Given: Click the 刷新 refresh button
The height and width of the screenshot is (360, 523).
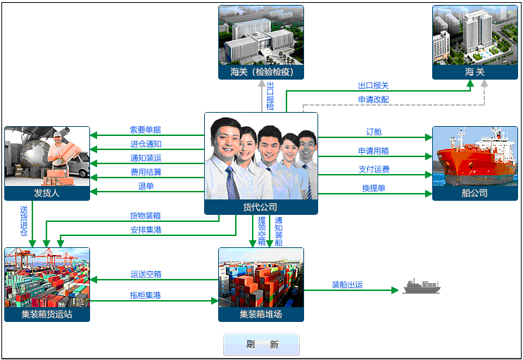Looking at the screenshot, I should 261,345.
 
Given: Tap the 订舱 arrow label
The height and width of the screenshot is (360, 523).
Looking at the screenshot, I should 374,132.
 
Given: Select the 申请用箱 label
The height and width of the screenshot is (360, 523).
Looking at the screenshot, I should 374,151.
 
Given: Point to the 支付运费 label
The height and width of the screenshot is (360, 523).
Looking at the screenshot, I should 374,169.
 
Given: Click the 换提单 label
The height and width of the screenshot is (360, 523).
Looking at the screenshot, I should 374,188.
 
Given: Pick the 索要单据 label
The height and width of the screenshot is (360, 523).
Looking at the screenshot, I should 146,130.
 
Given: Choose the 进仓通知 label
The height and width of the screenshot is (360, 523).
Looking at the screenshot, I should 146,144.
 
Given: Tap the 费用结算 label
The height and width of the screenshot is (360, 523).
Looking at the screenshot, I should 146,172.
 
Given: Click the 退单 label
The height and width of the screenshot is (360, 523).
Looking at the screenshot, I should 146,186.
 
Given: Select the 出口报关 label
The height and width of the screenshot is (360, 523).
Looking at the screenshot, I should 373,85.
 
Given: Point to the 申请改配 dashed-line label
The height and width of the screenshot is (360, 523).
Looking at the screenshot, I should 373,99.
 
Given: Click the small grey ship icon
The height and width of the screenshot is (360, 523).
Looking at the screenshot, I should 420,286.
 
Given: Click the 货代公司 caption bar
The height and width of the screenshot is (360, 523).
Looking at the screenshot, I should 260,207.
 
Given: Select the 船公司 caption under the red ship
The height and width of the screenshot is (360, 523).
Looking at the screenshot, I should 474,192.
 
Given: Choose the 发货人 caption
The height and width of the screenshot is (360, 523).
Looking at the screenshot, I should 46,192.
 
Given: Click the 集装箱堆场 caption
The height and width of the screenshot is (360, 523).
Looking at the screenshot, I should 260,314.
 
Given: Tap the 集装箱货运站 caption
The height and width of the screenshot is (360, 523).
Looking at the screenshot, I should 47,314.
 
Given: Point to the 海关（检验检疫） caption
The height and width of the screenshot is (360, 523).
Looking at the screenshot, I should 261,72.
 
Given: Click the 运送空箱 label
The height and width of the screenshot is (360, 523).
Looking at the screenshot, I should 146,274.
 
